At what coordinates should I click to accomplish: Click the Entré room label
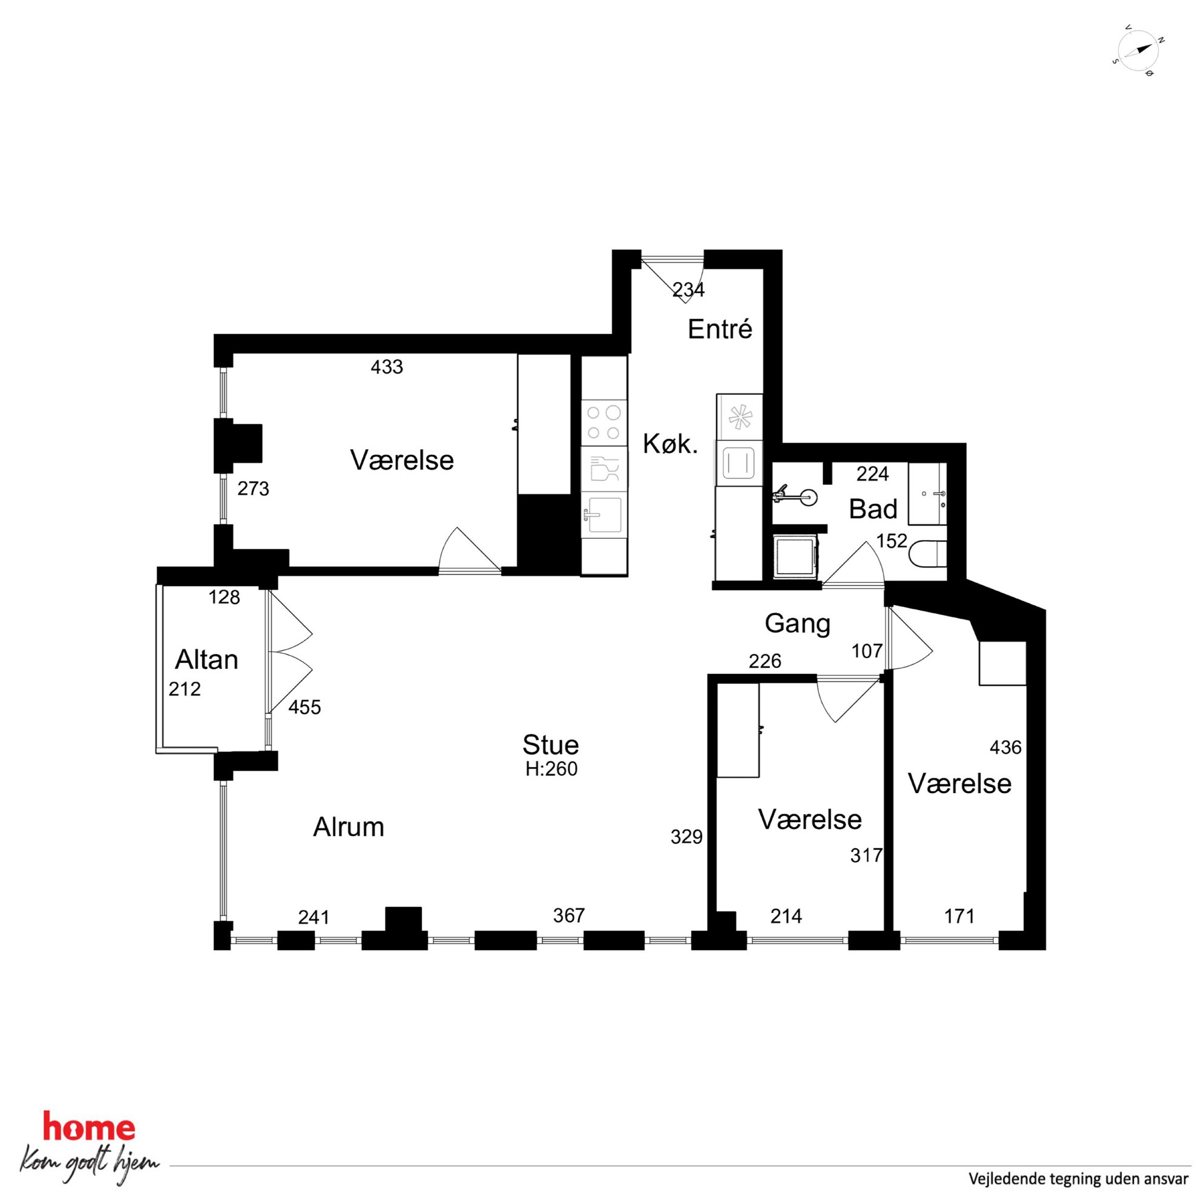point(720,329)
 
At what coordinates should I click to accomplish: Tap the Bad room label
point(873,509)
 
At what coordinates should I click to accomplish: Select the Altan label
point(206,660)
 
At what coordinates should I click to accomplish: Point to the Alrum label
point(348,827)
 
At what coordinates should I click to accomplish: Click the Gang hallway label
point(798,624)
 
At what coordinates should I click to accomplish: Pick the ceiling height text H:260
point(551,769)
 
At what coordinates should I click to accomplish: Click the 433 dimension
point(387,367)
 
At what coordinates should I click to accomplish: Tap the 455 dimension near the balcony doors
point(304,707)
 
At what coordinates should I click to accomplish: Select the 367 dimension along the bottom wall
point(569,915)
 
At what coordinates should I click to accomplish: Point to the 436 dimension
point(1005,746)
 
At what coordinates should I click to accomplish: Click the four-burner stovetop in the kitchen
point(604,423)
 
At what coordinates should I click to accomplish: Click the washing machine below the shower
point(795,558)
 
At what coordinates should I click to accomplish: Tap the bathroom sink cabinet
point(927,493)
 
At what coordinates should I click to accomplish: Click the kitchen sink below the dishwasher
point(604,514)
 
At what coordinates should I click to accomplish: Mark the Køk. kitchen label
point(670,444)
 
